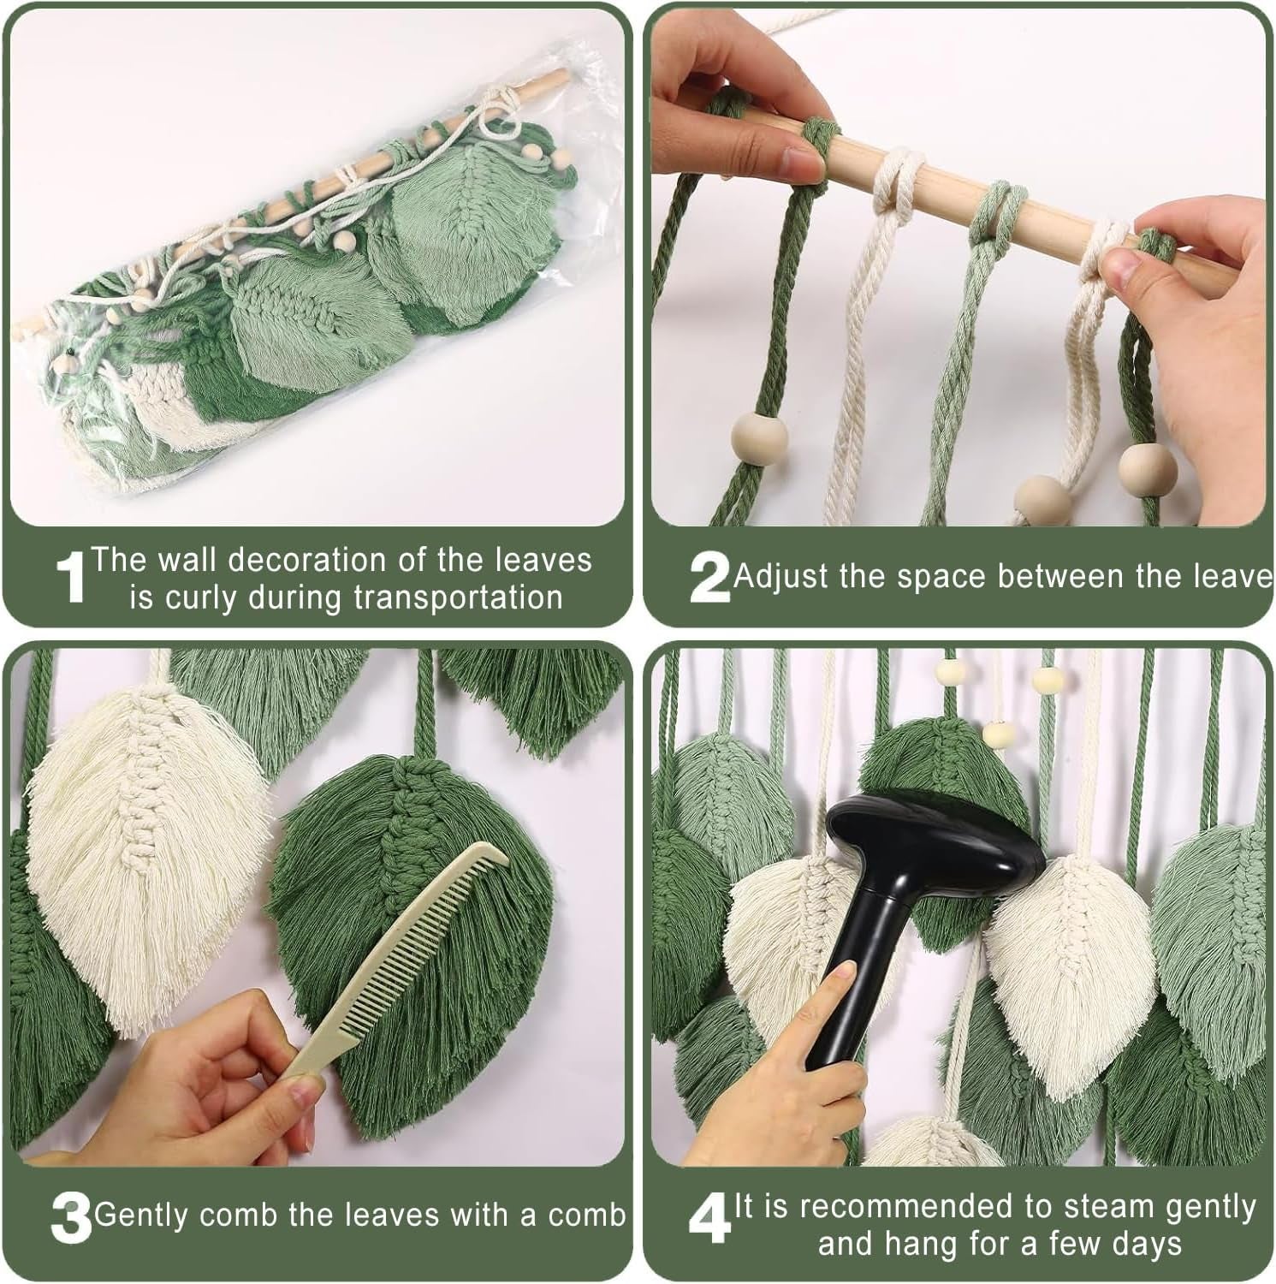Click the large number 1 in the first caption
click(x=72, y=577)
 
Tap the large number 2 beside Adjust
click(x=709, y=578)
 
